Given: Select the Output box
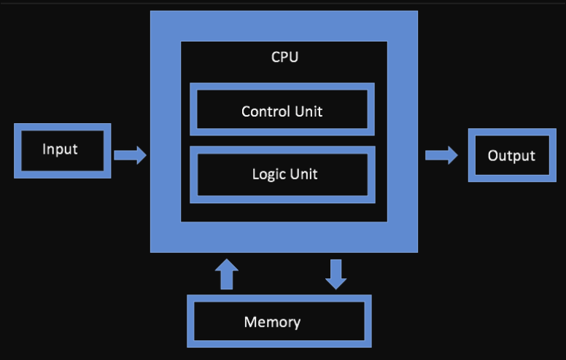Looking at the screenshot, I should pyautogui.click(x=511, y=155).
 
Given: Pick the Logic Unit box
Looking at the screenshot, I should pyautogui.click(x=282, y=174).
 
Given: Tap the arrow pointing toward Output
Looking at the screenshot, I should pyautogui.click(x=441, y=154).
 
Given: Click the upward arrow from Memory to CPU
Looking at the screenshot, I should pyautogui.click(x=227, y=274).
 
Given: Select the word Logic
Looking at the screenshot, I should pyautogui.click(x=268, y=175).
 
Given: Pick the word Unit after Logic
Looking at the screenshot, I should pyautogui.click(x=301, y=175).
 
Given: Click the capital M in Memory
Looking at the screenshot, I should pyautogui.click(x=250, y=321).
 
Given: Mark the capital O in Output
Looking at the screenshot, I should pyautogui.click(x=493, y=156).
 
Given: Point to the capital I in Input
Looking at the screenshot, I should pyautogui.click(x=44, y=149).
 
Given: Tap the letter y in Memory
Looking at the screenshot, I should pyautogui.click(x=296, y=323).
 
